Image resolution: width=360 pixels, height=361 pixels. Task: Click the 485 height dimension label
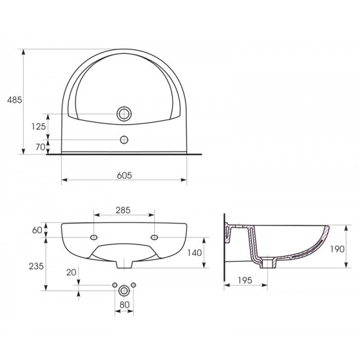14,100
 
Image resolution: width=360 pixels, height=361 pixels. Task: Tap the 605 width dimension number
124,176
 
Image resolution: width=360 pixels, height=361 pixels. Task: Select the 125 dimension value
39,126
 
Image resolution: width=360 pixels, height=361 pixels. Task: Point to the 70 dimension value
40,147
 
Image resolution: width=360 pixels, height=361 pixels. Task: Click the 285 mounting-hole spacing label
123,210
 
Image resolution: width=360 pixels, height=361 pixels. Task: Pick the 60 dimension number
37,230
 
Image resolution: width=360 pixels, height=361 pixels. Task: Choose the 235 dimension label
36,266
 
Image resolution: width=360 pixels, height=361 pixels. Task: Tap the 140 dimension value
194,253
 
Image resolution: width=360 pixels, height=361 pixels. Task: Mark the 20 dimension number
71,273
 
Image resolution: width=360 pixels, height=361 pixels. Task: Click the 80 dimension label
124,305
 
